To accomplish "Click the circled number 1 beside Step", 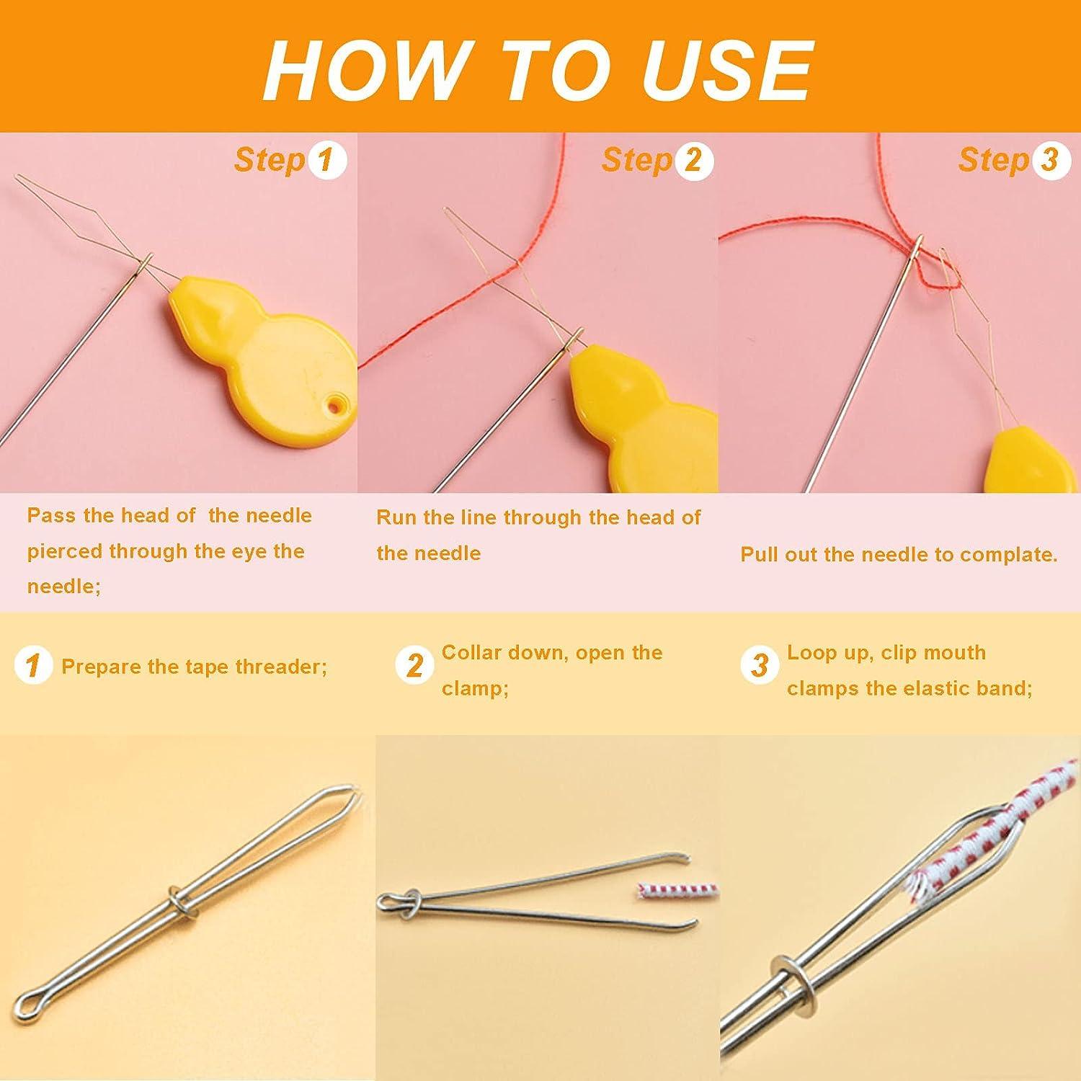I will click(327, 160).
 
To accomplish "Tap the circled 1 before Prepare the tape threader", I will click(32, 665).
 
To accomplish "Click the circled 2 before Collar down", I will click(414, 665).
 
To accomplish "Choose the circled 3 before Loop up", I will click(760, 665).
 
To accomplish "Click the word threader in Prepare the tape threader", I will click(277, 667).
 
